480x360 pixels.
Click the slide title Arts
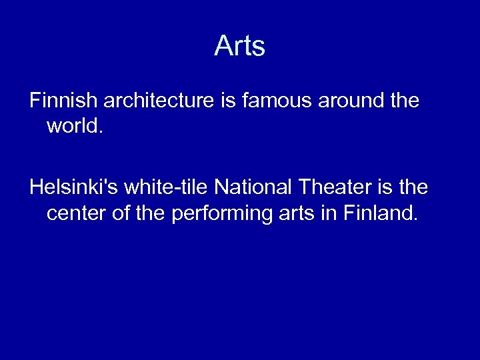click(240, 46)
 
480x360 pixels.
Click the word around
click(348, 101)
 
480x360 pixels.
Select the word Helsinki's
click(71, 189)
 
